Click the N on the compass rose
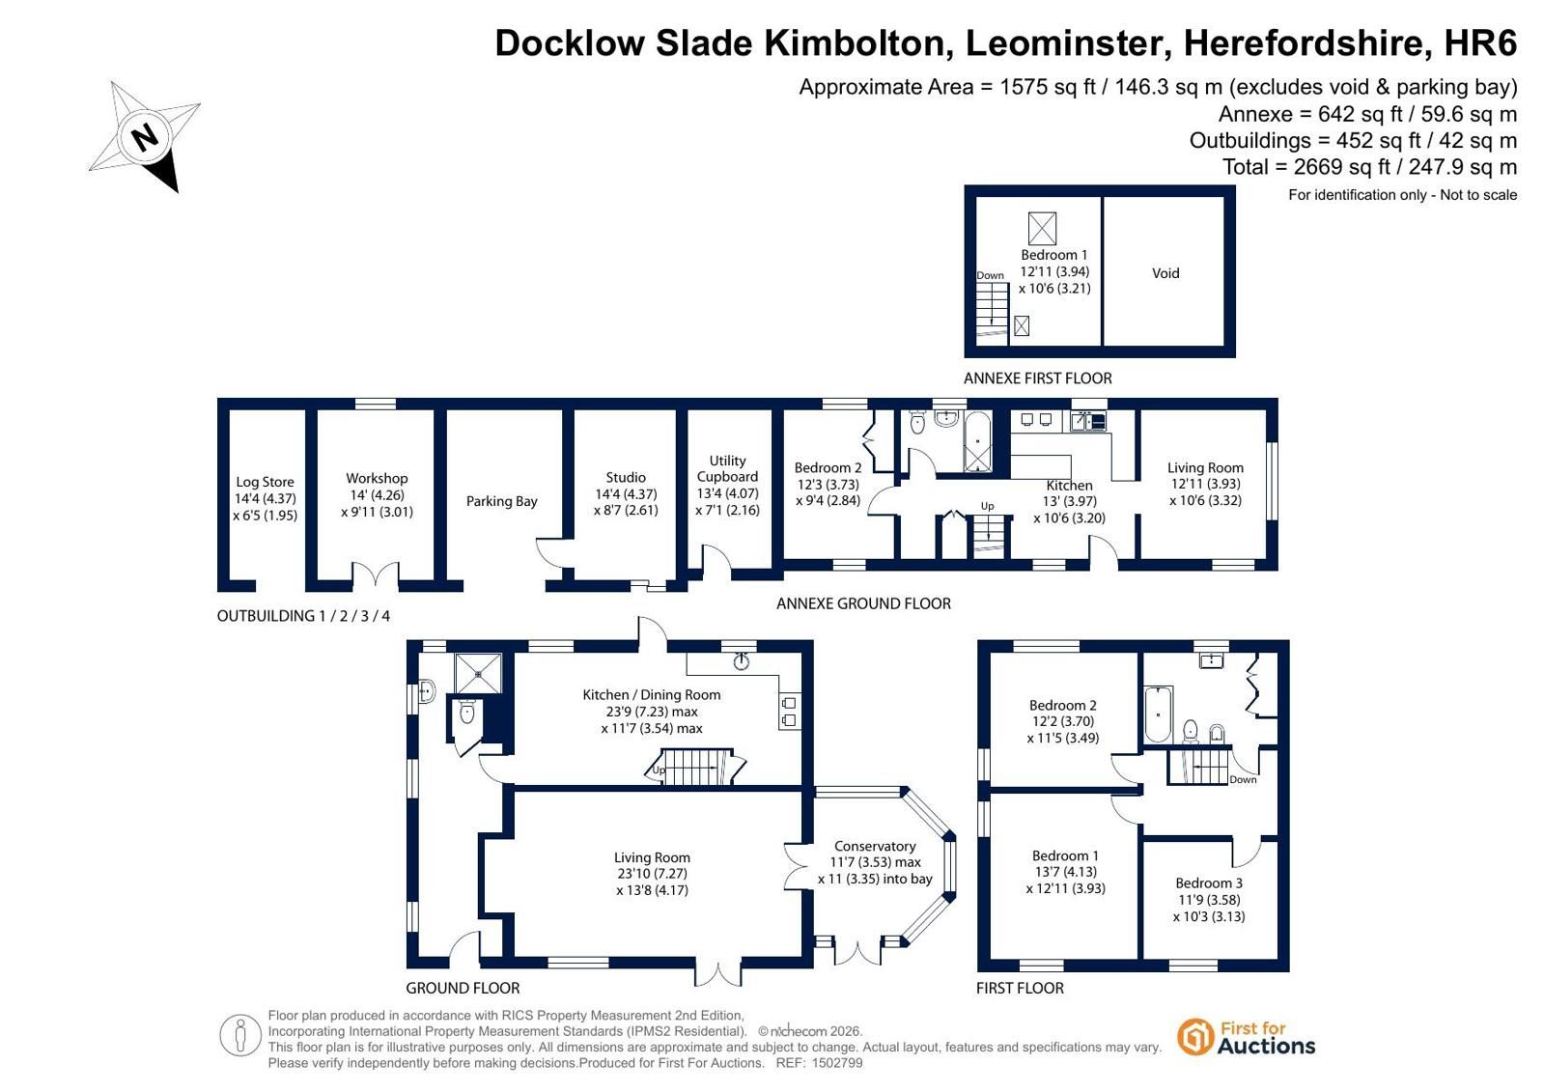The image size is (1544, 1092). pyautogui.click(x=146, y=136)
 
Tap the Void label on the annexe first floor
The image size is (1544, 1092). pyautogui.click(x=1165, y=273)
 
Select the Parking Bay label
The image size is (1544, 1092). pyautogui.click(x=501, y=501)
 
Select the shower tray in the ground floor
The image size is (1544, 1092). pyautogui.click(x=478, y=673)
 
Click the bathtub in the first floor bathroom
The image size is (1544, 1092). pyautogui.click(x=1158, y=714)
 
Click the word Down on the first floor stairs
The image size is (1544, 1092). pyautogui.click(x=1243, y=780)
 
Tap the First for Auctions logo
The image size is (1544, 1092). pyautogui.click(x=1247, y=1038)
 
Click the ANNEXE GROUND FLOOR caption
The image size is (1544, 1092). pyautogui.click(x=863, y=603)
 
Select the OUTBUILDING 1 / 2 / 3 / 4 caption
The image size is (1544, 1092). pyautogui.click(x=303, y=616)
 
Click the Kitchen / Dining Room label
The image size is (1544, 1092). pyautogui.click(x=652, y=695)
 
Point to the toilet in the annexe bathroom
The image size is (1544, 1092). pyautogui.click(x=916, y=422)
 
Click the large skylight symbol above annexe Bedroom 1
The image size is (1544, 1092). pyautogui.click(x=1042, y=228)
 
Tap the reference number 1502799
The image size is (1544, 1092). pyautogui.click(x=837, y=1063)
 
